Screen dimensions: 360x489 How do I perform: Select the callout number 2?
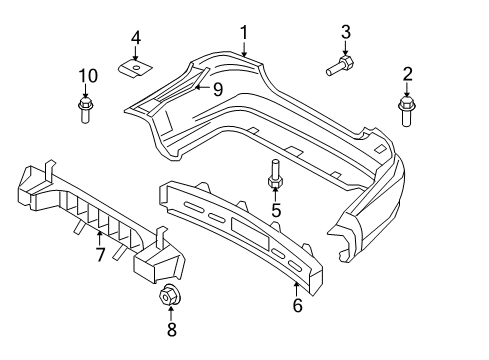coord(407,73)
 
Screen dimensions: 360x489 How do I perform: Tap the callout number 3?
coord(346,33)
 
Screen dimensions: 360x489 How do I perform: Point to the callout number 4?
coord(136,39)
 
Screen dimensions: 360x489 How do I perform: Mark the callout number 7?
coord(99,256)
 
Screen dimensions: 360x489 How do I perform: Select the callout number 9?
coord(216,87)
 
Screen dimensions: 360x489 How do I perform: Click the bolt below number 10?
coord(84,107)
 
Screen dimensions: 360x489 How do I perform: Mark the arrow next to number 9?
coord(201,87)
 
